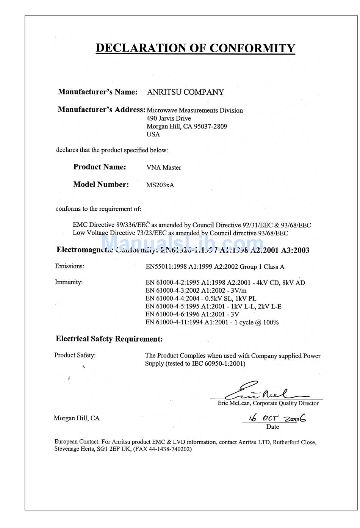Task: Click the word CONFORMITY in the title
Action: coord(252,48)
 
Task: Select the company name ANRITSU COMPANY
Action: coord(185,92)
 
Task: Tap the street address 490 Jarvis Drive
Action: coord(169,118)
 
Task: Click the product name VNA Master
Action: coord(164,168)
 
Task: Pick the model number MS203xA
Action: coord(160,185)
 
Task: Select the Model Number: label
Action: coord(101,185)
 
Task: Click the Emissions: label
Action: coord(70,266)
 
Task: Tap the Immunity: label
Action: coord(69,282)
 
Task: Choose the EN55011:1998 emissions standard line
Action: coord(215,267)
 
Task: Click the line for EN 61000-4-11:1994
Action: coord(212,322)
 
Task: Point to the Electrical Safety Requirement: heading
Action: coord(109,339)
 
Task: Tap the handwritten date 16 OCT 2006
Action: coord(277,418)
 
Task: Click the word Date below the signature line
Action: coord(272,427)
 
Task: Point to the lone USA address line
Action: coord(153,134)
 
